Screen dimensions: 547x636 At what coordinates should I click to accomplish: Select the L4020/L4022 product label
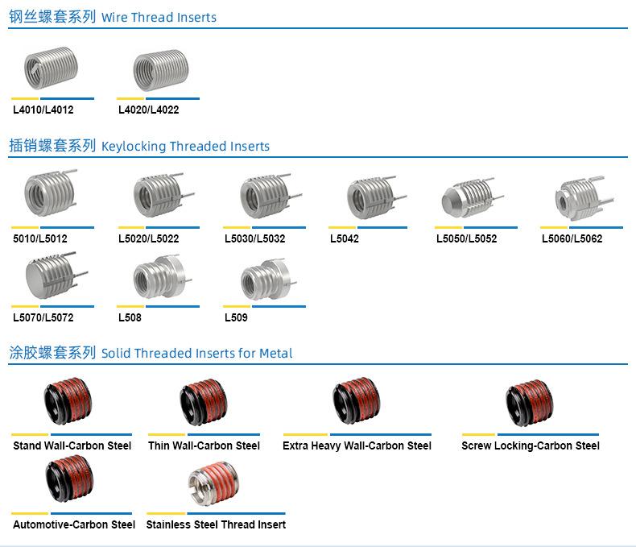pyautogui.click(x=148, y=110)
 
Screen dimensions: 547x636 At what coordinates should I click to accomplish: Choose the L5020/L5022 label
pyautogui.click(x=148, y=238)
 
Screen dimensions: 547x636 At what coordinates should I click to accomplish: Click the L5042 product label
pyautogui.click(x=345, y=238)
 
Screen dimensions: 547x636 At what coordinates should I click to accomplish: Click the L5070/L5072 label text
pyautogui.click(x=43, y=317)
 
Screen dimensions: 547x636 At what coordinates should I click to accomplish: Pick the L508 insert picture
pyautogui.click(x=159, y=277)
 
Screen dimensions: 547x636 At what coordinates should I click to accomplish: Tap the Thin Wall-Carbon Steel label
pyautogui.click(x=204, y=445)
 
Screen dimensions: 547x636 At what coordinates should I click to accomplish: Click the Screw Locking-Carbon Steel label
pyautogui.click(x=531, y=445)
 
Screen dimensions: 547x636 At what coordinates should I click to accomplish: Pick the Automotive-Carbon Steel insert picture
pyautogui.click(x=69, y=480)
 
